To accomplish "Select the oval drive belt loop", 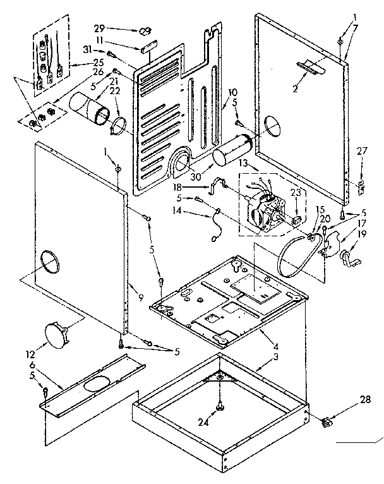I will click(x=298, y=255).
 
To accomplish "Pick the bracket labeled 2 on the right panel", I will click(x=309, y=66).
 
